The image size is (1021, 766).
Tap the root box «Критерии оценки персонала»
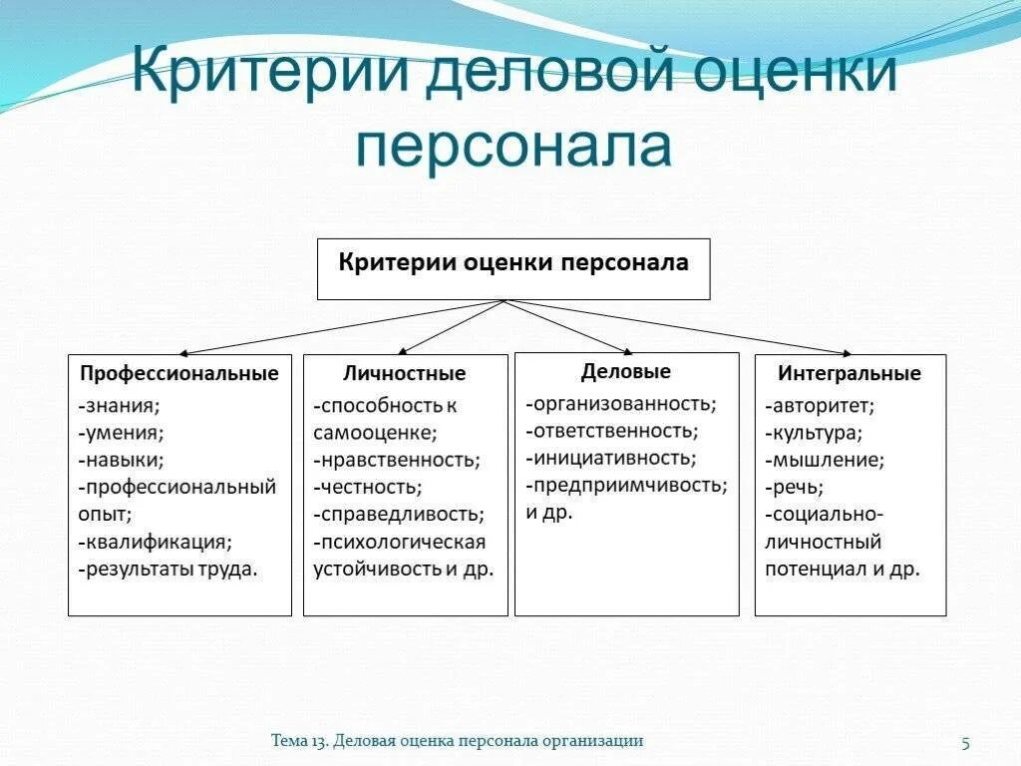(x=513, y=263)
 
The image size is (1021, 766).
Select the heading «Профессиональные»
(x=179, y=374)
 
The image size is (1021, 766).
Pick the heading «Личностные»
(x=405, y=374)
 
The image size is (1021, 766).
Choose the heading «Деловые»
(x=626, y=372)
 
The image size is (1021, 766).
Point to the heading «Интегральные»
(x=850, y=374)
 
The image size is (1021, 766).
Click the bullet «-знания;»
(x=119, y=406)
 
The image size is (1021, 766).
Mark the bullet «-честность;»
(x=367, y=488)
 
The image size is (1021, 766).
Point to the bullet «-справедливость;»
(x=399, y=515)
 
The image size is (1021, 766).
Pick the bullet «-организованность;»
(x=621, y=404)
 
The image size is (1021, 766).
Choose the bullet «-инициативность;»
(x=610, y=459)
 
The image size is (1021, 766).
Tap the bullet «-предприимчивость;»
(x=626, y=486)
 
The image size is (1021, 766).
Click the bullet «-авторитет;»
(x=820, y=406)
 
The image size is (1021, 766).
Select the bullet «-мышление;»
(x=825, y=461)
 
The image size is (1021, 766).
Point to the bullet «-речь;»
(x=794, y=488)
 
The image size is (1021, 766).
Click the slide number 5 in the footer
(x=965, y=741)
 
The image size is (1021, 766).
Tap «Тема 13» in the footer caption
(x=298, y=740)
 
